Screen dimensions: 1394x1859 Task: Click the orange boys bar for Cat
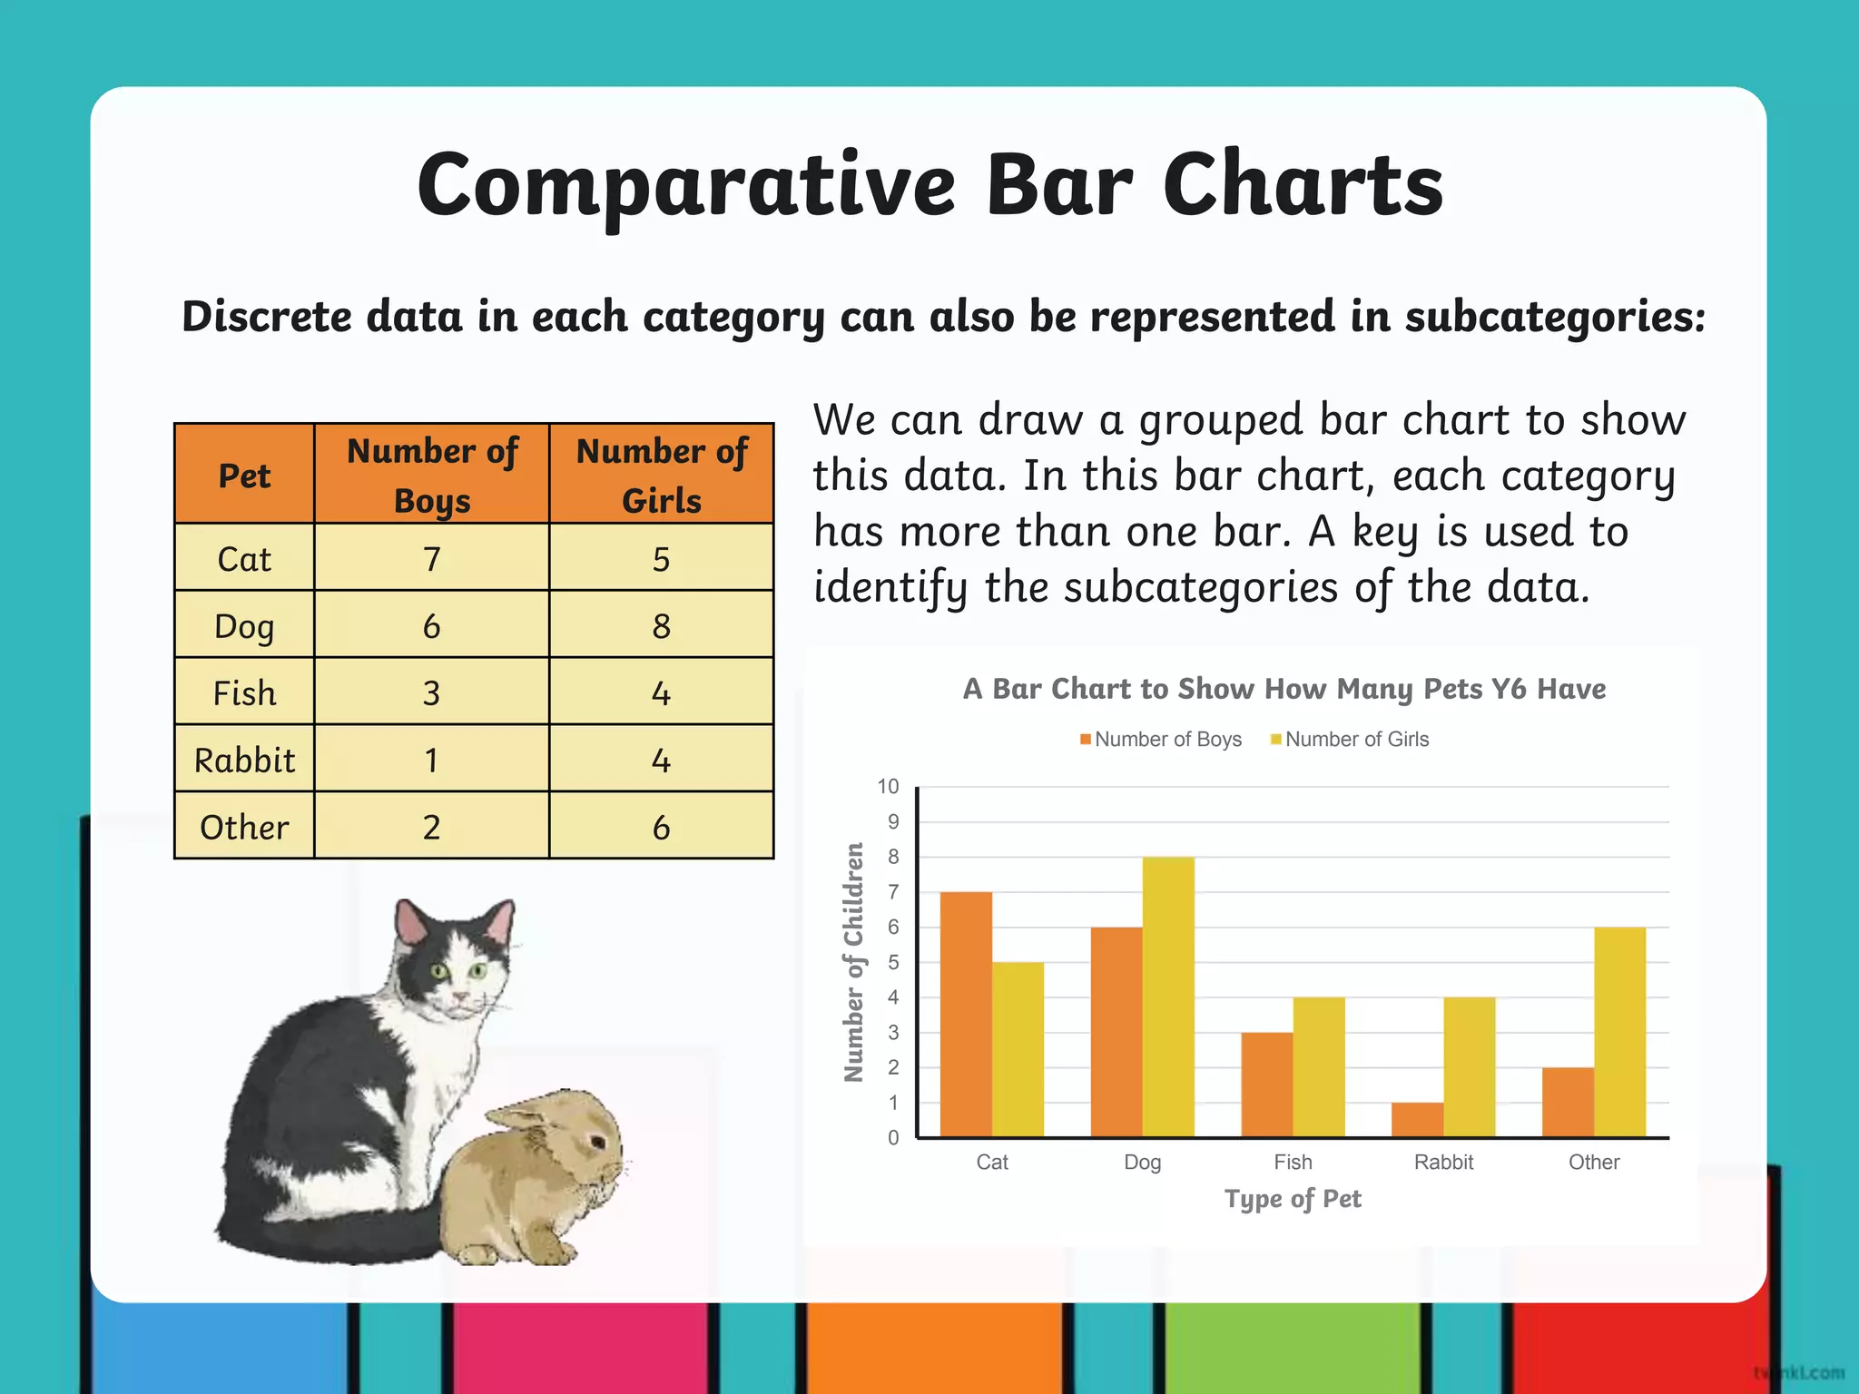point(966,1014)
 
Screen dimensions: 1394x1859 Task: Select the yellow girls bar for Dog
point(1168,996)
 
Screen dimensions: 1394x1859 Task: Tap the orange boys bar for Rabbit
point(1417,1119)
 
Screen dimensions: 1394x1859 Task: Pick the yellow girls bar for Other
point(1619,1031)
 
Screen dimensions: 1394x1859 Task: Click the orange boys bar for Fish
point(1267,1085)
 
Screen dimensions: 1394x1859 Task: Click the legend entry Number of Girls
point(1356,740)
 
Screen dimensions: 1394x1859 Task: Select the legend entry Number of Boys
point(1167,740)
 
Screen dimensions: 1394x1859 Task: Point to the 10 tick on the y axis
point(888,787)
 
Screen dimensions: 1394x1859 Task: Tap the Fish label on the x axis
point(1293,1163)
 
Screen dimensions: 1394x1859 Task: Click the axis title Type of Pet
point(1293,1199)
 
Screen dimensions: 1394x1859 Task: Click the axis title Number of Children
point(853,962)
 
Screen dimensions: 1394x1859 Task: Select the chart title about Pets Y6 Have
point(1284,689)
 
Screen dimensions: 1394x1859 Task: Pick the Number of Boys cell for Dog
point(431,625)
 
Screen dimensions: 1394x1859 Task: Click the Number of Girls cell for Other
point(661,826)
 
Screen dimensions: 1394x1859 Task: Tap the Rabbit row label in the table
point(244,760)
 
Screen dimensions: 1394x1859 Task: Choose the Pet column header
point(244,476)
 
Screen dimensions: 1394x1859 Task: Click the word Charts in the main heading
point(1303,186)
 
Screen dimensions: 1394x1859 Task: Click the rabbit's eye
point(597,1141)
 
